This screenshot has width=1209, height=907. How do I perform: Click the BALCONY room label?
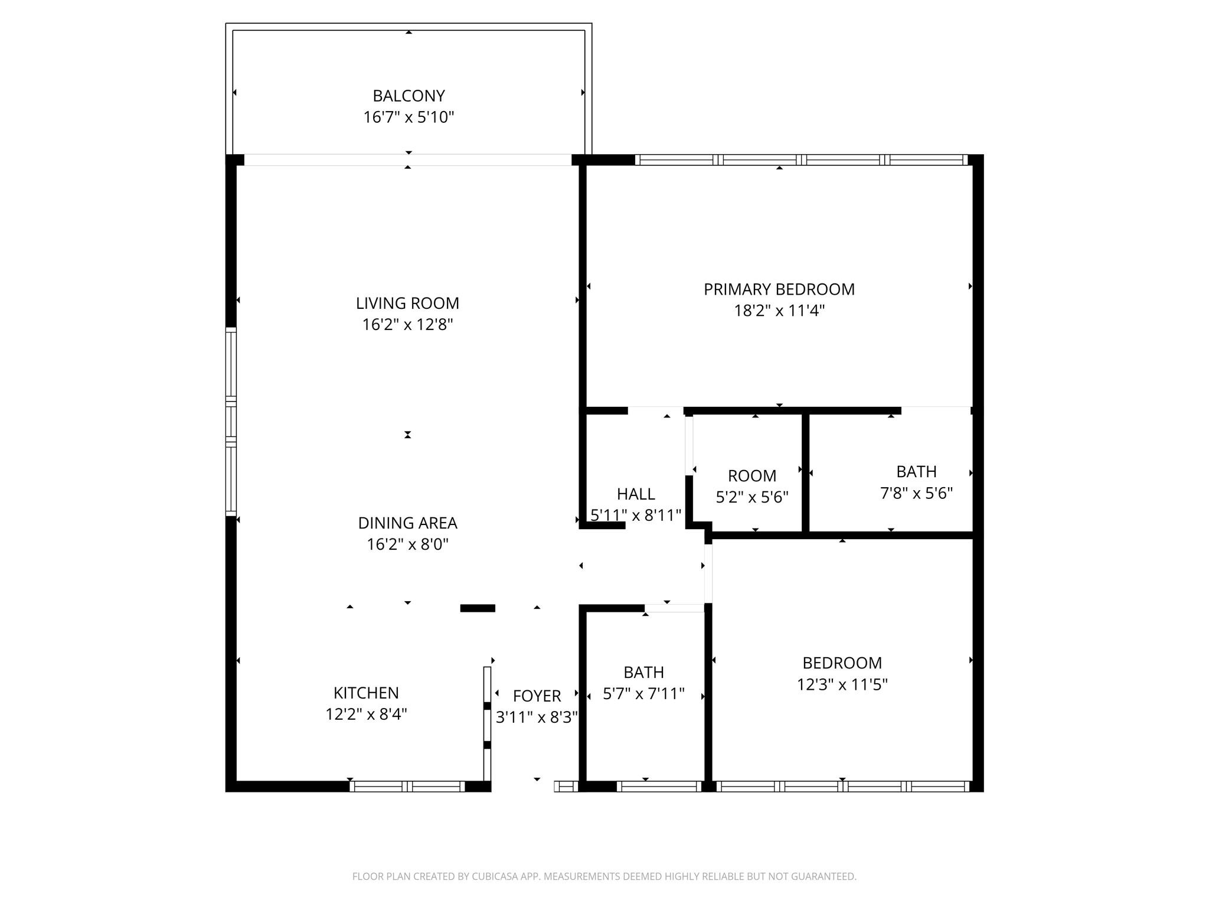click(409, 96)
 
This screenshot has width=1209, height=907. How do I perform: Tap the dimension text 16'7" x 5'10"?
click(409, 117)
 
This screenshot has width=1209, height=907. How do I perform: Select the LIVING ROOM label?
click(407, 303)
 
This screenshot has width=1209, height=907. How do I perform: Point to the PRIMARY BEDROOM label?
click(779, 289)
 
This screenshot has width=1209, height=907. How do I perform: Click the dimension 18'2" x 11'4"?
click(779, 311)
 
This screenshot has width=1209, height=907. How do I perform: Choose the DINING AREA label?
click(407, 523)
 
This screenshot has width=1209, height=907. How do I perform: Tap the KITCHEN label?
click(366, 693)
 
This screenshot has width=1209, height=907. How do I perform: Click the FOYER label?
click(537, 696)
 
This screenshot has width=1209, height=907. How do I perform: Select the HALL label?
click(636, 494)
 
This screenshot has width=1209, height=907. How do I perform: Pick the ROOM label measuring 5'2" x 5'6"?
click(751, 475)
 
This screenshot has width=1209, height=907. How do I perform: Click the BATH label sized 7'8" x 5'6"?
click(916, 471)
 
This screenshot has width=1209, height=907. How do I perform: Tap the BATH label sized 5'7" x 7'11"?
click(643, 672)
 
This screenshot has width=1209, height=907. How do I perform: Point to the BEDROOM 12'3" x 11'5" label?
click(842, 663)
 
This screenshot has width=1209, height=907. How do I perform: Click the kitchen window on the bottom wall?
click(407, 786)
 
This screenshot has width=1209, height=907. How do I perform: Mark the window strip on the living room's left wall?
click(231, 422)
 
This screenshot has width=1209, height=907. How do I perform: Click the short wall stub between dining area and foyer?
click(478, 608)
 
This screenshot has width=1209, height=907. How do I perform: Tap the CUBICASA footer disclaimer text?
click(604, 876)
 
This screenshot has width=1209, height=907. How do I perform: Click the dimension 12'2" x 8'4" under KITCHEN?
click(366, 714)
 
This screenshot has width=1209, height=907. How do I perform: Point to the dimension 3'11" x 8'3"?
click(537, 717)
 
